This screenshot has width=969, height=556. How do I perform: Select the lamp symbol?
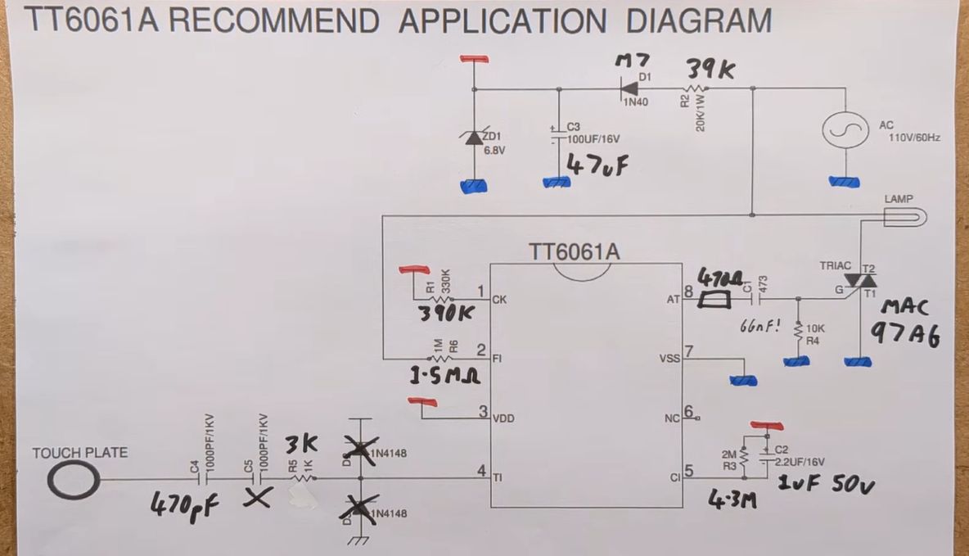point(905,216)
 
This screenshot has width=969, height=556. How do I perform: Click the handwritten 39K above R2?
point(710,69)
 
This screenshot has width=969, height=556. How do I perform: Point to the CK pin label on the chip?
point(499,300)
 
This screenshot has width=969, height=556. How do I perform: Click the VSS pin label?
point(669,359)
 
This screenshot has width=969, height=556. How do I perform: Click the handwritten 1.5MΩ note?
point(445,377)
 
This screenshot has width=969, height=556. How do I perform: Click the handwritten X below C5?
point(259,498)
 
